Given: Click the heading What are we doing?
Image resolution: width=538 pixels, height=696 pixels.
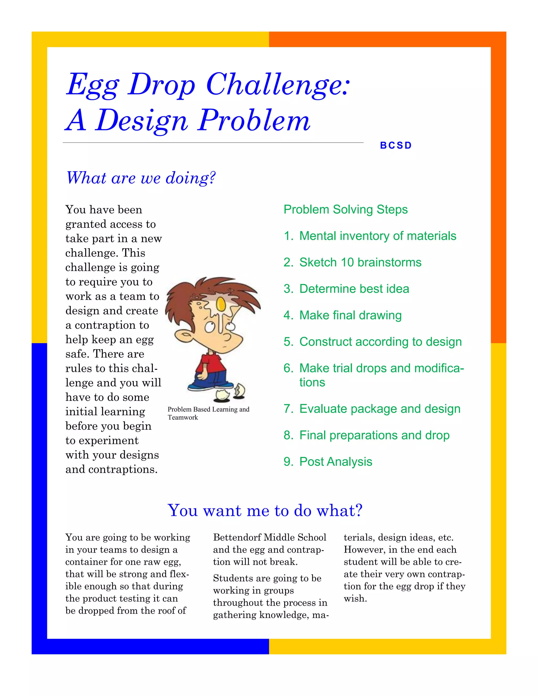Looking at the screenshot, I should tap(141, 178).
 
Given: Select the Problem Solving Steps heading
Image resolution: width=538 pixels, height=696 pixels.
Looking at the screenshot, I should tap(345, 209).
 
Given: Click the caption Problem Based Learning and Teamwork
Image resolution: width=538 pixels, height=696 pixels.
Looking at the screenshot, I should tap(208, 413).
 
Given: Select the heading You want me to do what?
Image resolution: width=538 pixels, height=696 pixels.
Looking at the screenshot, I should tap(265, 511).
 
